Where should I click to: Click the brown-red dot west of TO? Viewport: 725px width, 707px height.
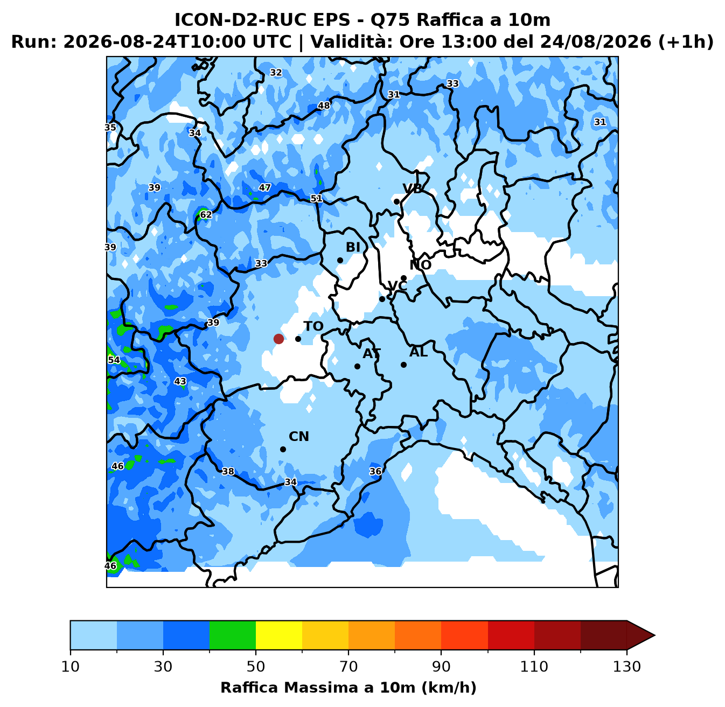tap(278, 339)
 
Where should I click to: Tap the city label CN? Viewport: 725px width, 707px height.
tap(299, 436)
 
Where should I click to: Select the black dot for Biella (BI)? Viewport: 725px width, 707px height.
tap(340, 260)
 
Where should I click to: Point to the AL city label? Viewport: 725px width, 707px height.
tap(419, 352)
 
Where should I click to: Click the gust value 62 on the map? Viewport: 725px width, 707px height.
tap(206, 214)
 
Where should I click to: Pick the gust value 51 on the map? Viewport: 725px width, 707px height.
tap(316, 198)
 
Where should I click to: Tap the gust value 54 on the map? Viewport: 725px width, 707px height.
tap(114, 360)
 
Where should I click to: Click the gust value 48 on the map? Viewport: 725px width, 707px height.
tap(324, 106)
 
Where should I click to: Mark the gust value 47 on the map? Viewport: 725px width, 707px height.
tap(265, 187)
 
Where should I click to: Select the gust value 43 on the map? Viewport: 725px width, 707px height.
tap(180, 381)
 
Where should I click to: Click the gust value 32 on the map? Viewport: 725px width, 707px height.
tap(276, 73)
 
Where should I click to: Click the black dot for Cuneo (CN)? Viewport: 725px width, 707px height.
tap(283, 449)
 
